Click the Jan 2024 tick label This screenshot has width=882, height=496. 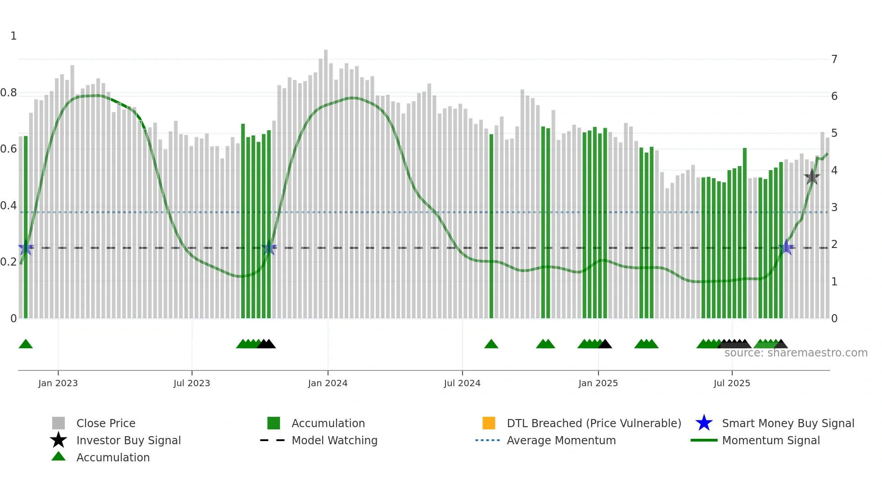(x=328, y=383)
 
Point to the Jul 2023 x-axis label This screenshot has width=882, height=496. (x=192, y=383)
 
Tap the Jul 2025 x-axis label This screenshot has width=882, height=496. (x=732, y=383)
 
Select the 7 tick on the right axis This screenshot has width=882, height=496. (x=834, y=59)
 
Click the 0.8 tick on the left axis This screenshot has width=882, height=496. (x=9, y=93)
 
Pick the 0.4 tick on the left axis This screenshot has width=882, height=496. (x=9, y=206)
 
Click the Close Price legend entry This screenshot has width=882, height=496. (x=105, y=423)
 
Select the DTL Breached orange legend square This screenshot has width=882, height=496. (x=488, y=423)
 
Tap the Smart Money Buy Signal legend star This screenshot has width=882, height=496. (x=704, y=423)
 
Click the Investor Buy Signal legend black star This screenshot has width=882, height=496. (x=58, y=440)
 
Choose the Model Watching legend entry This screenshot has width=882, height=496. (x=334, y=440)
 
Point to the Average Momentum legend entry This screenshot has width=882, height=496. (x=561, y=440)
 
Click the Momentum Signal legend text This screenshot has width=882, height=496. (x=770, y=440)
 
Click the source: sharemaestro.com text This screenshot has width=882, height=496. (x=796, y=353)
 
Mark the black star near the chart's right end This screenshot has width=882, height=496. (x=812, y=177)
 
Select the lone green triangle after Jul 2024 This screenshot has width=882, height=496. (x=491, y=344)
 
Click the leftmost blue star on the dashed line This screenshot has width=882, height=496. (x=26, y=248)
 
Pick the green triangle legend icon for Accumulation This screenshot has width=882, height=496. (x=58, y=456)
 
